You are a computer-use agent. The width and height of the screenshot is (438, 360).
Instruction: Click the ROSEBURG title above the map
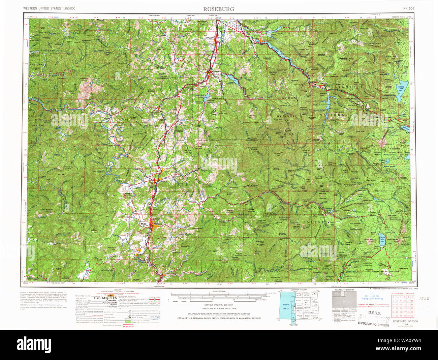point(218,9)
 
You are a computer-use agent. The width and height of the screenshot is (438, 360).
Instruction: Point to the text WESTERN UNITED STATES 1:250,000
point(49,8)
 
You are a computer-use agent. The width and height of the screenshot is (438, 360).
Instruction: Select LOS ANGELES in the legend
point(105,298)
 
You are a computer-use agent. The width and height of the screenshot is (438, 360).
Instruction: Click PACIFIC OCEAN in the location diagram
point(286,306)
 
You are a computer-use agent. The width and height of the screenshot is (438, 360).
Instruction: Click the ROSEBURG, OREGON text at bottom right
point(405,322)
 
